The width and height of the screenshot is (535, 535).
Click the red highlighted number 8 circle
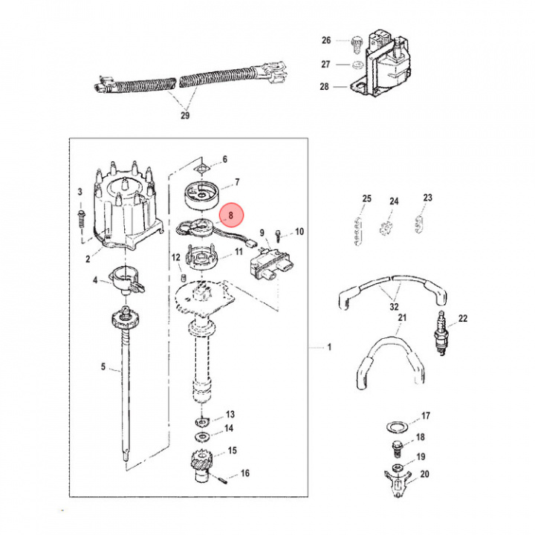[x=231, y=215]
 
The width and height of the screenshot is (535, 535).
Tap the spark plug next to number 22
[x=441, y=333]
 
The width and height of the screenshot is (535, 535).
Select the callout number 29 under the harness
[x=185, y=115]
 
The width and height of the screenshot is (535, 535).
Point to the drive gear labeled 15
[x=201, y=465]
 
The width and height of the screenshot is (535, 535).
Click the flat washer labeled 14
[x=202, y=436]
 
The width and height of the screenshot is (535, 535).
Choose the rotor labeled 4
[x=126, y=279]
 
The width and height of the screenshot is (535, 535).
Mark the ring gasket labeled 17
[x=396, y=427]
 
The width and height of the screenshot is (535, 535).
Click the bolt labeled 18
[x=397, y=449]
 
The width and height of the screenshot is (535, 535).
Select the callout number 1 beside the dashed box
[x=329, y=347]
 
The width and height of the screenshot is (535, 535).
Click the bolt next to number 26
[x=356, y=45]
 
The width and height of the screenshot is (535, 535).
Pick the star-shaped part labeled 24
[x=386, y=228]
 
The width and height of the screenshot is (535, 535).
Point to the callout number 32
[x=394, y=307]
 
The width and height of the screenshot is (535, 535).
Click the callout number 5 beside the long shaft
[x=103, y=367]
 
